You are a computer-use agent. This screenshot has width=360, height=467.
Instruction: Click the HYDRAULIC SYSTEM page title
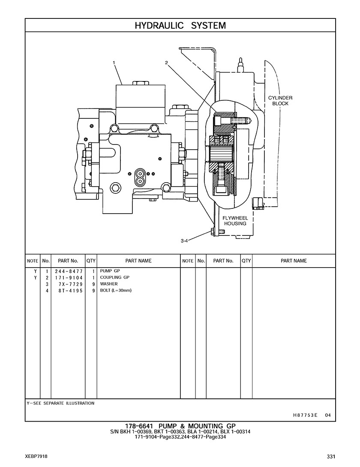coord(180,26)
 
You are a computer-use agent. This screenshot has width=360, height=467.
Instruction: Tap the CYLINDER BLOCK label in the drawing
coord(280,101)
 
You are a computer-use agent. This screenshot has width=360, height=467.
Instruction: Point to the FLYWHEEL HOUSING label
coord(235,221)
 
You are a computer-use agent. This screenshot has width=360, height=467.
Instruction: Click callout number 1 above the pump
coord(114,63)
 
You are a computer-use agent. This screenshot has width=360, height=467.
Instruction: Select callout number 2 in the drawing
coord(166,63)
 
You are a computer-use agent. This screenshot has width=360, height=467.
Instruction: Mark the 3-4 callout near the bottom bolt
coord(184,241)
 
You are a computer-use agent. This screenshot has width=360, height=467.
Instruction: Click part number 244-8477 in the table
coord(69,271)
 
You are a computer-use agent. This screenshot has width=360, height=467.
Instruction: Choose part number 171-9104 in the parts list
coord(69,277)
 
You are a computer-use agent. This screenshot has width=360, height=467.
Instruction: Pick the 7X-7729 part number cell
coord(71,284)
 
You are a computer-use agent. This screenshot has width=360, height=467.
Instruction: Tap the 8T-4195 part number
coord(71,290)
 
